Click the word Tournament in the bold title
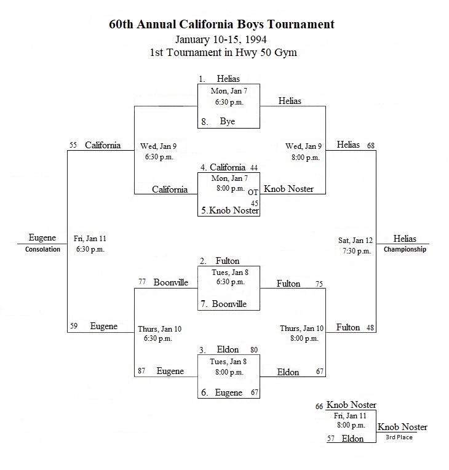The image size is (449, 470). tap(301, 24)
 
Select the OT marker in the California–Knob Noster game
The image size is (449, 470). tap(253, 193)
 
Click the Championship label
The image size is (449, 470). tap(405, 249)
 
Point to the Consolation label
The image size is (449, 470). tap(42, 249)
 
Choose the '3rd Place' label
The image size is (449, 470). tap(399, 437)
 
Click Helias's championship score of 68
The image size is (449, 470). tap(371, 145)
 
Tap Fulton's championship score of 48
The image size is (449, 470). tap(370, 328)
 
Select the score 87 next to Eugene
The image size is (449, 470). tap(141, 371)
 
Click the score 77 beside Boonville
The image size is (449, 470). tap(142, 282)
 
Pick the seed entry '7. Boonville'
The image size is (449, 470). tap(224, 304)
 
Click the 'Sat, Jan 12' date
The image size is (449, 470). tap(356, 241)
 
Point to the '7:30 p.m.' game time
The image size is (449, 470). tap(357, 251)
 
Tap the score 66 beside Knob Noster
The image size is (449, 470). tap(319, 407)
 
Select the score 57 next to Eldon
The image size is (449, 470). tap(331, 439)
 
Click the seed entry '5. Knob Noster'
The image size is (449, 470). tap(230, 210)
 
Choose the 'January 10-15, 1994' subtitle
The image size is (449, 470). tap(221, 39)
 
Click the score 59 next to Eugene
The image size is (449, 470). tap(74, 326)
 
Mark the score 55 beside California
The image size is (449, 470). tap(73, 145)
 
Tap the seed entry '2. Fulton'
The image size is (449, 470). tap(220, 261)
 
